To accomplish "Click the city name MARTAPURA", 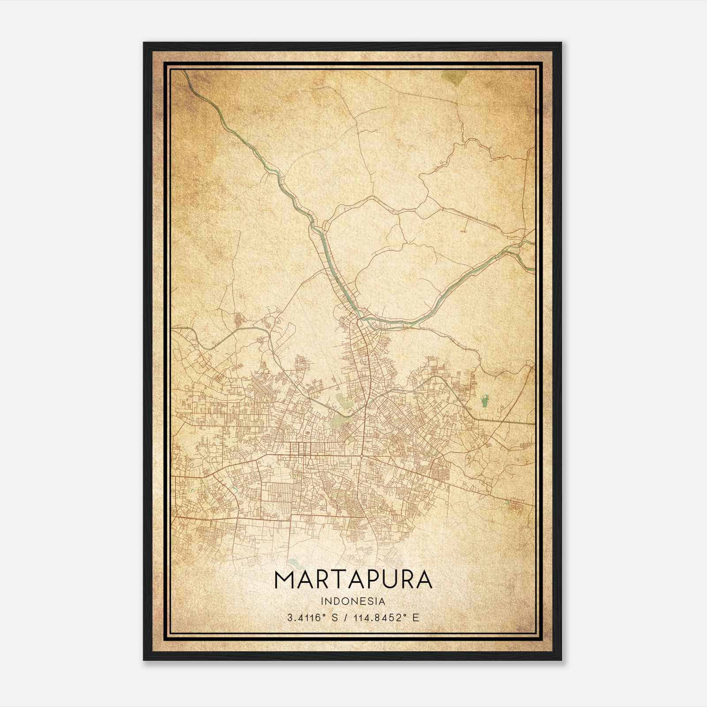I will point(353,579).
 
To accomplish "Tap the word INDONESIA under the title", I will point(353,601).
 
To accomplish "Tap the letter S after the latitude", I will point(334,618).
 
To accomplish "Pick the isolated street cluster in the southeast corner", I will point(515,506).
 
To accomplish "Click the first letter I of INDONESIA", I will point(323,601).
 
